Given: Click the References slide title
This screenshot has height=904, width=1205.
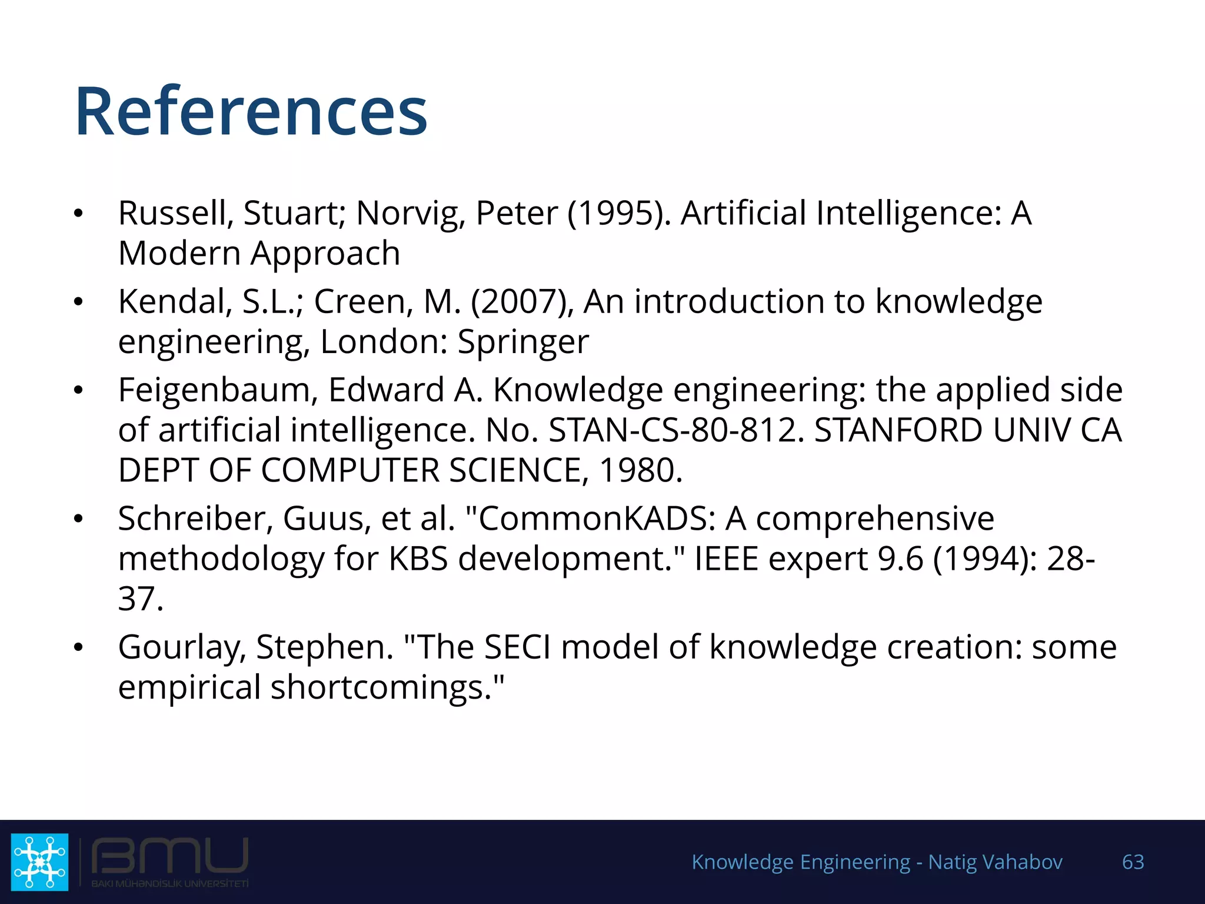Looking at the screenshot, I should pyautogui.click(x=251, y=111).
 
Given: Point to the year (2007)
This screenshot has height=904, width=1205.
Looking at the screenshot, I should pyautogui.click(x=522, y=301).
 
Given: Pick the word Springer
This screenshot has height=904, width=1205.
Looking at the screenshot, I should pyautogui.click(x=523, y=342).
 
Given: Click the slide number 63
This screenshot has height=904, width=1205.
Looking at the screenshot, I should pyautogui.click(x=1133, y=862).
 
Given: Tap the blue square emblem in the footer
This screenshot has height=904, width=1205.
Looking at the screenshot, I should pyautogui.click(x=40, y=862).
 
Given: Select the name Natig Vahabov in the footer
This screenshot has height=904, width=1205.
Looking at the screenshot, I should pyautogui.click(x=995, y=862).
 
